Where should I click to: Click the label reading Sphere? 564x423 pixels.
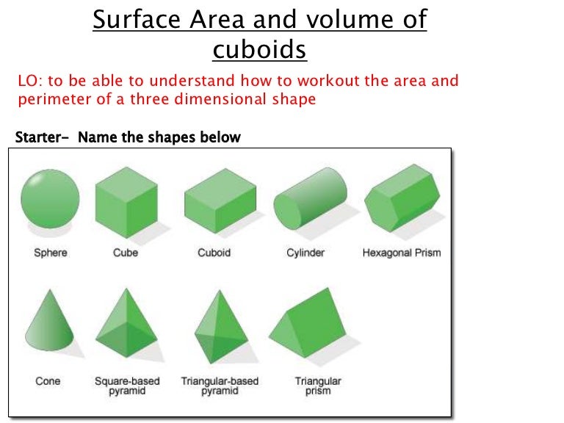pos(51,253)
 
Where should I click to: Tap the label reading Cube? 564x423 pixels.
pos(126,253)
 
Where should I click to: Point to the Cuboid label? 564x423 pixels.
pos(214,253)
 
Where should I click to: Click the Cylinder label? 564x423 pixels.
pos(305,253)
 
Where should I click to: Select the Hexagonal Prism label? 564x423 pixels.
pos(401,253)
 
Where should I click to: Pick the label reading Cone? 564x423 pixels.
pos(48,381)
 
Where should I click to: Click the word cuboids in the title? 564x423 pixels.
pos(259,50)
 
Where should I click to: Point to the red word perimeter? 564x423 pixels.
pos(52,99)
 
